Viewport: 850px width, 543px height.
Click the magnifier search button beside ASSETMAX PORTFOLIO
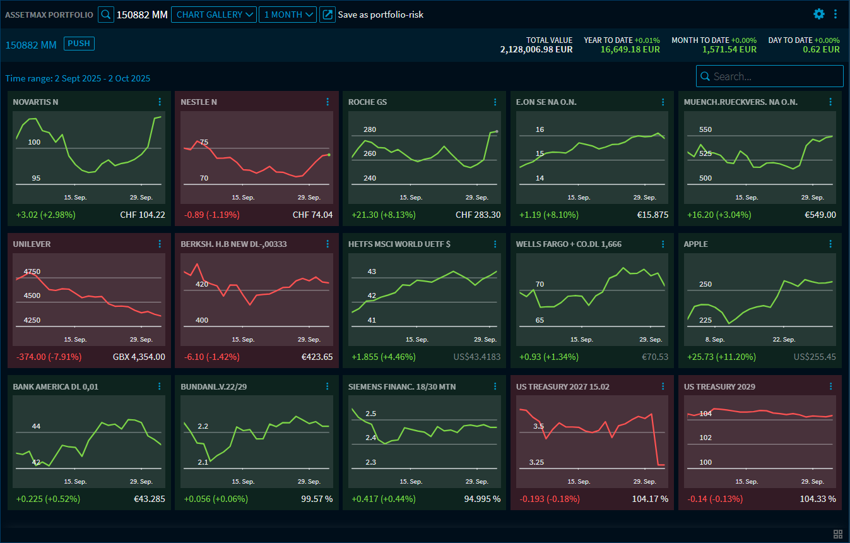106,15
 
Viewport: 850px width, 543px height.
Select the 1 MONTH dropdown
287,15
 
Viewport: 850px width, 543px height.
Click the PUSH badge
79,44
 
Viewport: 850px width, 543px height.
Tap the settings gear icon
819,14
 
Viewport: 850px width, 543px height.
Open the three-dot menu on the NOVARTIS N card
160,102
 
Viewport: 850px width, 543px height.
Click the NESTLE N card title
199,102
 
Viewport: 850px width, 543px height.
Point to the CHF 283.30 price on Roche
478,215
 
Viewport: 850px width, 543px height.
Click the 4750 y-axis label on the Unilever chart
32,271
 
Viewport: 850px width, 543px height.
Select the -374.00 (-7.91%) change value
49,357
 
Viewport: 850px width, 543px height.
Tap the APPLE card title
695,244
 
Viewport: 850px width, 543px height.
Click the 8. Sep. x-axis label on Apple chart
716,340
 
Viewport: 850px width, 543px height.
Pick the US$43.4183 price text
476,357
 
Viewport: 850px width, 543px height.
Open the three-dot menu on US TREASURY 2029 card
830,386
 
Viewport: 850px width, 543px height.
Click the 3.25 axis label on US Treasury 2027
536,462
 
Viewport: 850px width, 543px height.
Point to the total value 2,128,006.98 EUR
536,49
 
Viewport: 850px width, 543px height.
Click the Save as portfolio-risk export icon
327,15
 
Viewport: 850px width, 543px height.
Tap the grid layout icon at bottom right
838,534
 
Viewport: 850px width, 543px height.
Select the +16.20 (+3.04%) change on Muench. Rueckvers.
719,215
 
